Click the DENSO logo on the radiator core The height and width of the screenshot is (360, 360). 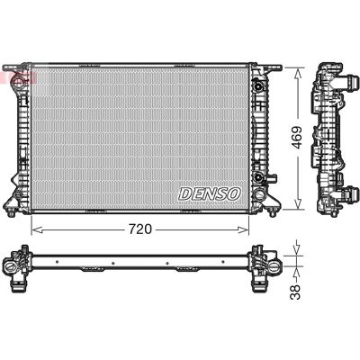[x=210, y=193]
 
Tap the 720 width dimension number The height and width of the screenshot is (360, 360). [x=140, y=229]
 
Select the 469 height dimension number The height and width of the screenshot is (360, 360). [x=298, y=138]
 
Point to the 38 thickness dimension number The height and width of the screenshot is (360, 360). [x=296, y=292]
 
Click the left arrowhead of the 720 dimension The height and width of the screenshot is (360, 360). [x=37, y=229]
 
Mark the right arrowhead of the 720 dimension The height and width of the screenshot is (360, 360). [x=244, y=229]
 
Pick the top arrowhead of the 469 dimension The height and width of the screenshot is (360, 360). [x=298, y=74]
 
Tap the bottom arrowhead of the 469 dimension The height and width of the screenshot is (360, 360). [x=298, y=203]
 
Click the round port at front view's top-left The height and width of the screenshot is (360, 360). [x=18, y=81]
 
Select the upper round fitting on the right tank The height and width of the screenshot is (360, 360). [x=257, y=85]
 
